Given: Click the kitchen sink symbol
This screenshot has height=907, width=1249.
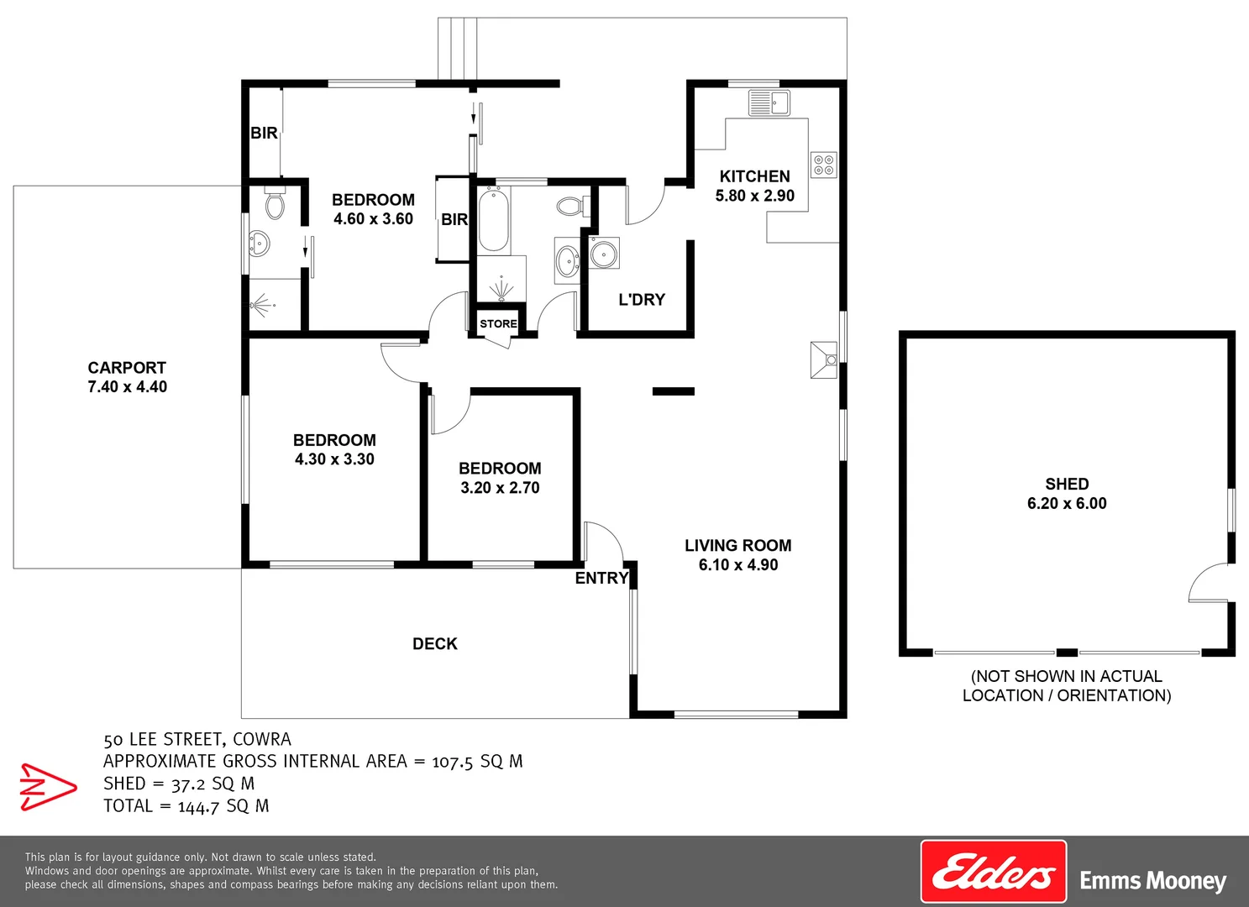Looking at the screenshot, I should [769, 102].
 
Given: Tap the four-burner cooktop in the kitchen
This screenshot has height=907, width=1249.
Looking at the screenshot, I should [823, 165].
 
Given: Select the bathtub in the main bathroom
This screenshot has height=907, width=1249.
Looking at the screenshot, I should [493, 220].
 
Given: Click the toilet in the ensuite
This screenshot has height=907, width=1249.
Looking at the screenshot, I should [275, 204].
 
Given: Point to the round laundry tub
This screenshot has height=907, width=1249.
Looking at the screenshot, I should [604, 253].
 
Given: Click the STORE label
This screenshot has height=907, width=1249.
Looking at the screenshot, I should [498, 324].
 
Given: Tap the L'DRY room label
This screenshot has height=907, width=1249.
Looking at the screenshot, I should [642, 300].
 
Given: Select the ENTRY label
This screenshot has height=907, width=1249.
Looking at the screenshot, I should [601, 579].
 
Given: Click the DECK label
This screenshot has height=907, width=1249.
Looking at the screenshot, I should [435, 644].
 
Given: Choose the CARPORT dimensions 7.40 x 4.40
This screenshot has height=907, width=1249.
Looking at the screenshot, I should [128, 387].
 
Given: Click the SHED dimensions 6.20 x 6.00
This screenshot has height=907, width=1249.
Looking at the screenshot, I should [1067, 504].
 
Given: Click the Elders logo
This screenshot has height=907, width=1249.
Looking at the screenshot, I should [994, 872].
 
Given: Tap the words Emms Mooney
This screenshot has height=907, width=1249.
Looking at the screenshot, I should [1152, 881].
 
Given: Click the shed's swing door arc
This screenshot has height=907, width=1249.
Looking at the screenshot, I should [1206, 582].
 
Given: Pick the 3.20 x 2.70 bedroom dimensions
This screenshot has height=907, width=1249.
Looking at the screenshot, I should [500, 488].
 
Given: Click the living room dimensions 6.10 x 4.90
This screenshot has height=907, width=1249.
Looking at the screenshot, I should [738, 565].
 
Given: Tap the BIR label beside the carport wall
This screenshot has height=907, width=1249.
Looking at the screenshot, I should [264, 133].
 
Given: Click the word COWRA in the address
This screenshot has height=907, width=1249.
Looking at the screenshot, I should [262, 740].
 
